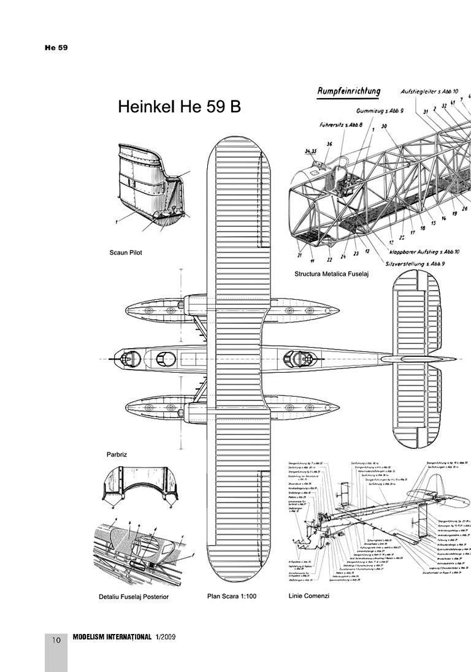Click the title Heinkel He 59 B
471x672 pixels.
tap(179, 107)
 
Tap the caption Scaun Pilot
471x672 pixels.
tap(126, 253)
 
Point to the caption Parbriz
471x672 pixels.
tap(117, 454)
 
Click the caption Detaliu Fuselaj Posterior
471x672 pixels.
tap(133, 595)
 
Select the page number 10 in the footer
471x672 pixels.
tap(56, 640)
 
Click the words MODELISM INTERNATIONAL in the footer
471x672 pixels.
tap(112, 638)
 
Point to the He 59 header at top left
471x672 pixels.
tap(55, 48)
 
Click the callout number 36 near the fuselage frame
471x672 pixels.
tap(329, 144)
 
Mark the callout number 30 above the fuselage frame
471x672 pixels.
tap(384, 127)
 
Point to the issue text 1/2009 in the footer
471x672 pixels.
tap(166, 638)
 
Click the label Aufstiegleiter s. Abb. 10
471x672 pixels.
tap(430, 91)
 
